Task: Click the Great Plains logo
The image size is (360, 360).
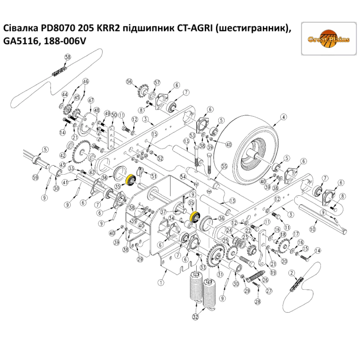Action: click(x=328, y=39)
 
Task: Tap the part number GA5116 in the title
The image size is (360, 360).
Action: click(x=22, y=41)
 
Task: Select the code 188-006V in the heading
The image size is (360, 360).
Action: click(x=65, y=41)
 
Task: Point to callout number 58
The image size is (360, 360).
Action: click(x=68, y=57)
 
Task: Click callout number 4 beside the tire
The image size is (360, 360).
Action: click(x=284, y=117)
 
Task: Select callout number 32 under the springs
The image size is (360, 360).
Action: click(x=195, y=317)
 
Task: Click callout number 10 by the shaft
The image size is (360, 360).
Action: click(x=313, y=228)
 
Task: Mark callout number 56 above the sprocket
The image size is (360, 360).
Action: click(x=130, y=81)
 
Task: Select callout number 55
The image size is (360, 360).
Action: click(x=224, y=166)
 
